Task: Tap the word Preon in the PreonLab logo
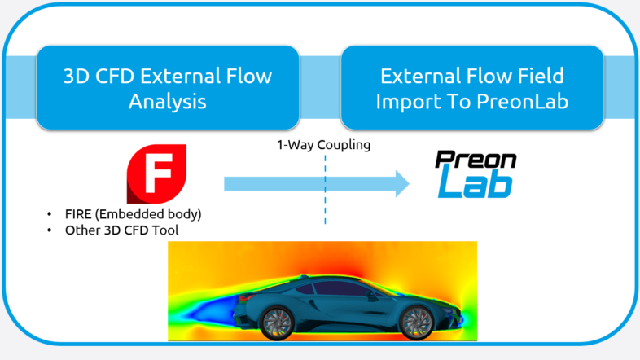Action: click(x=475, y=159)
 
